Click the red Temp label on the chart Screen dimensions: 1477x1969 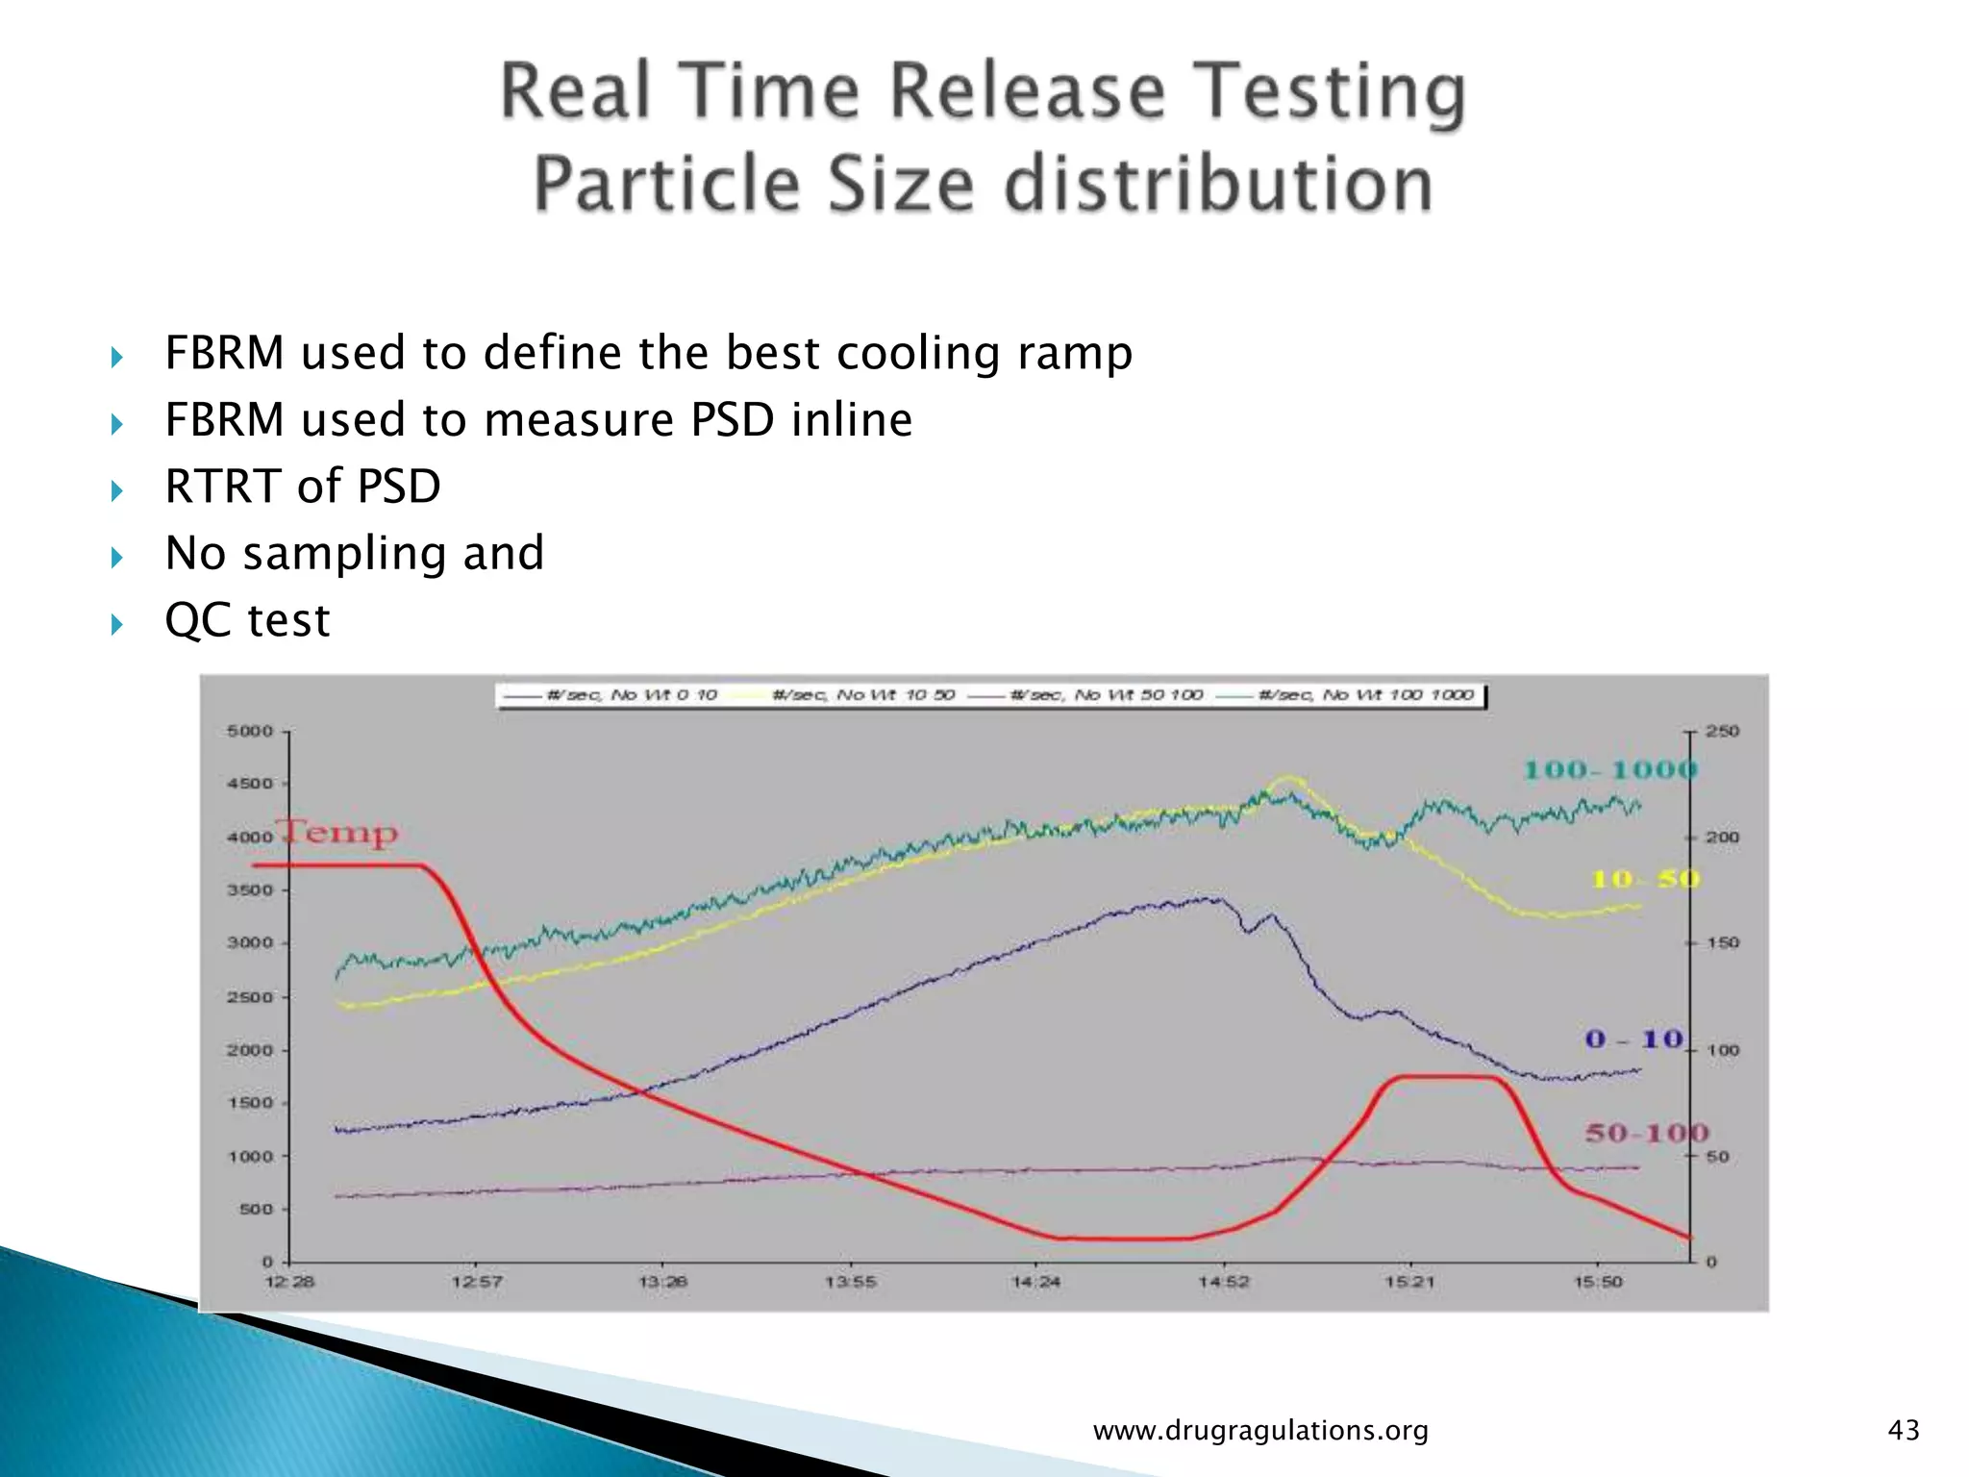pyautogui.click(x=338, y=833)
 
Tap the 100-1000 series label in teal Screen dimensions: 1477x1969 pyautogui.click(x=1610, y=770)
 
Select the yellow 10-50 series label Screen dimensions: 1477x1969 pyautogui.click(x=1645, y=879)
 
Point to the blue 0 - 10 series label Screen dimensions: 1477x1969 pyautogui.click(x=1633, y=1039)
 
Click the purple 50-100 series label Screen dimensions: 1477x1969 pyautogui.click(x=1646, y=1134)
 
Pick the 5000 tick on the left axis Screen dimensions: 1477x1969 pyautogui.click(x=250, y=732)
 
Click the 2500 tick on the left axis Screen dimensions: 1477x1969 pyautogui.click(x=250, y=997)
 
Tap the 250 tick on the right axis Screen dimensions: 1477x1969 pyautogui.click(x=1722, y=732)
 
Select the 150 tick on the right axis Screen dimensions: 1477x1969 pyautogui.click(x=1722, y=943)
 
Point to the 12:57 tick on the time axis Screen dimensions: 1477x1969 pyautogui.click(x=477, y=1282)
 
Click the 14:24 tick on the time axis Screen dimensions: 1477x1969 pyautogui.click(x=1035, y=1282)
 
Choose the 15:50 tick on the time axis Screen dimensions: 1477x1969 pyautogui.click(x=1597, y=1282)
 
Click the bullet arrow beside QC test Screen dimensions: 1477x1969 pyautogui.click(x=117, y=625)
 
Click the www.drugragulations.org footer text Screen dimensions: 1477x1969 pyautogui.click(x=1260, y=1431)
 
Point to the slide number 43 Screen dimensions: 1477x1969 pyautogui.click(x=1904, y=1431)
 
